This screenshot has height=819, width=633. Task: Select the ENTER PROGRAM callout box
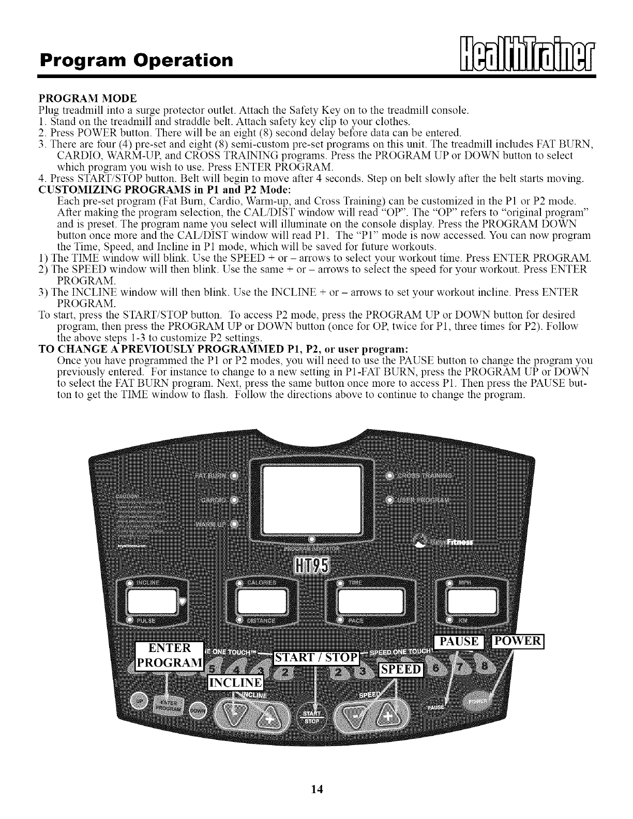169,656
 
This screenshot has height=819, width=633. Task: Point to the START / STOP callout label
316,658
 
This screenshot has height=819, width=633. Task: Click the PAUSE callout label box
459,642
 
